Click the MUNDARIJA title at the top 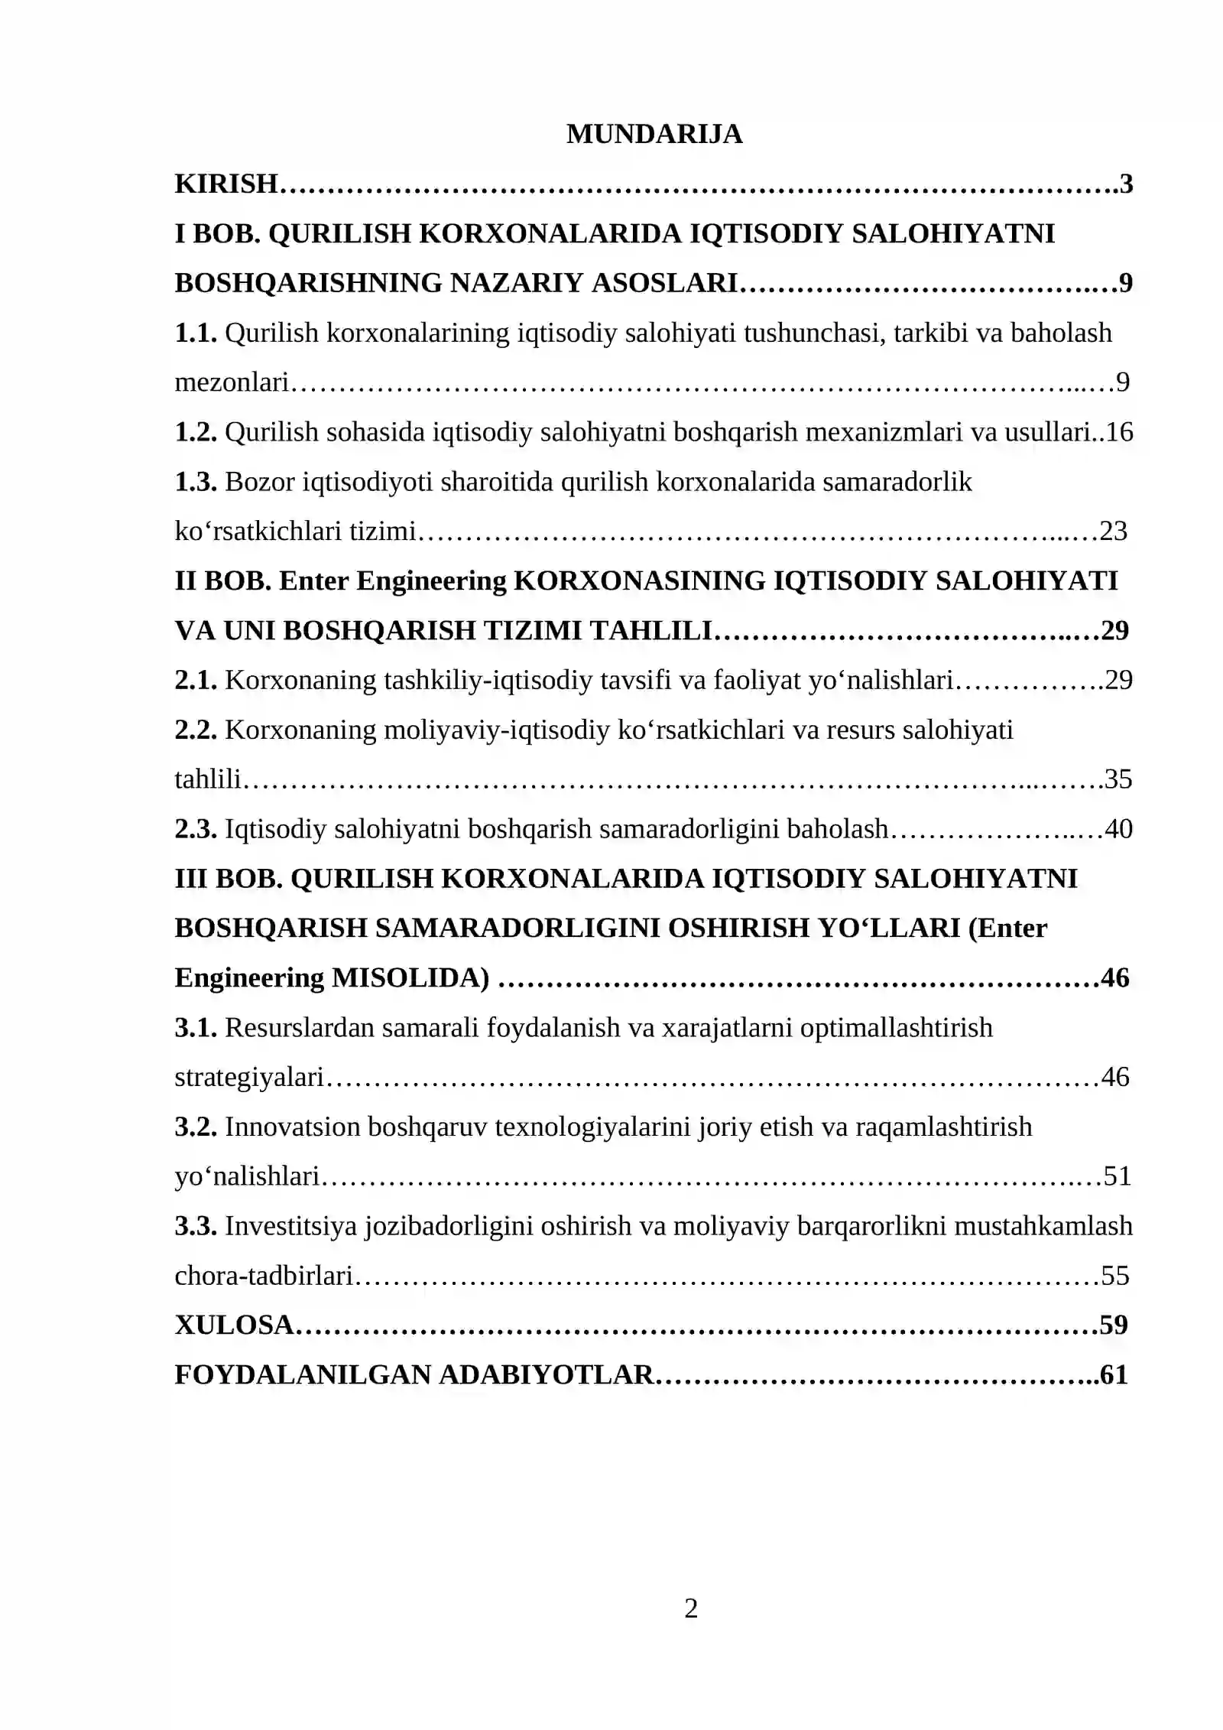coord(654,134)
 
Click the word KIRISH coord(225,184)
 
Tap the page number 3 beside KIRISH coord(1126,184)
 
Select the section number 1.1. coord(196,333)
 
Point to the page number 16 coord(1119,432)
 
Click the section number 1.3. coord(196,482)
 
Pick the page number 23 coord(1114,531)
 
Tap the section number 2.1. coord(196,680)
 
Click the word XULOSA coord(234,1325)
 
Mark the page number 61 coord(1114,1374)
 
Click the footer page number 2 coord(691,1609)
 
